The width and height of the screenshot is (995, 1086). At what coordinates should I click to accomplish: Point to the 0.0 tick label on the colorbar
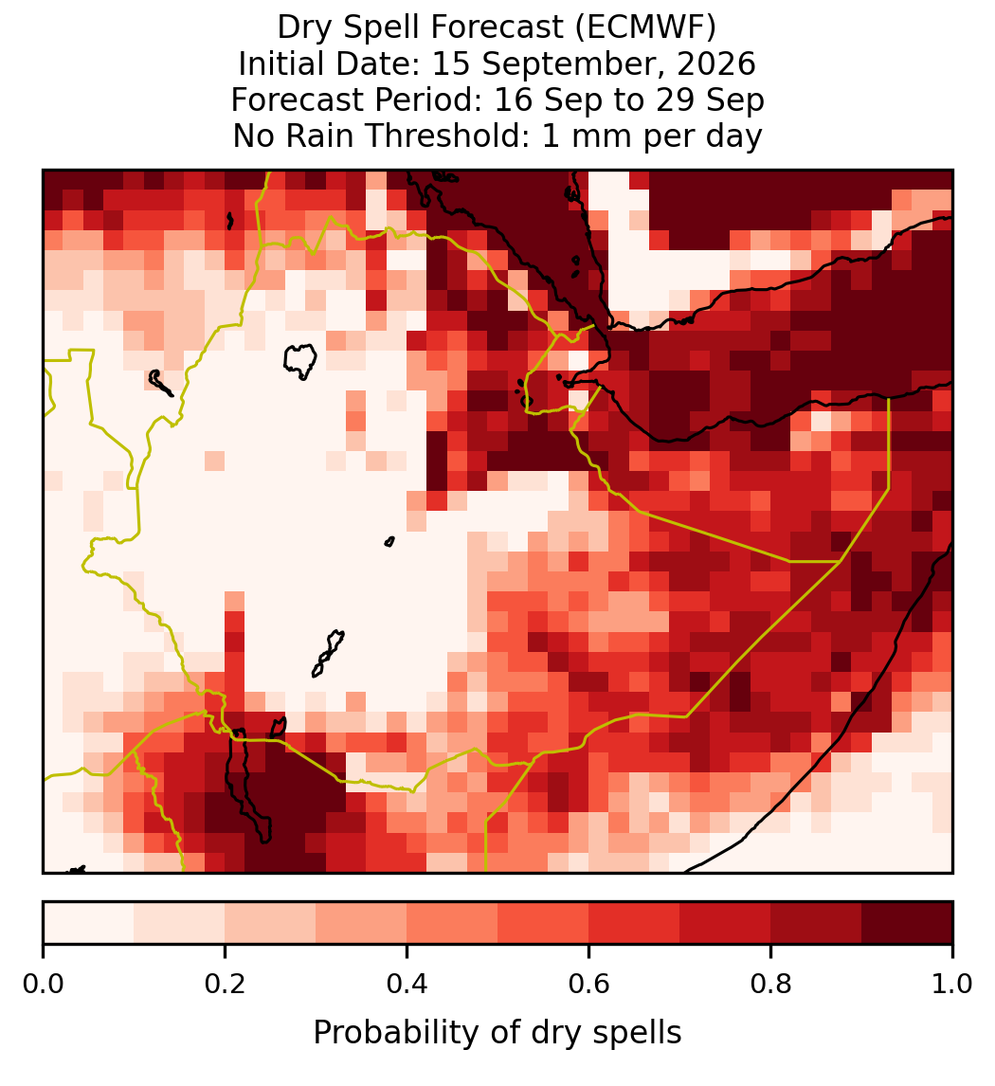tap(43, 984)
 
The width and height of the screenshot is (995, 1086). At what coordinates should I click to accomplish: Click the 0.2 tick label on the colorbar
tap(225, 984)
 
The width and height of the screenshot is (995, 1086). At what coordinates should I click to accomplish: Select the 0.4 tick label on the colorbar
tap(407, 984)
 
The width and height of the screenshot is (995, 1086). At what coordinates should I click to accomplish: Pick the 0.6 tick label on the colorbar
tap(589, 984)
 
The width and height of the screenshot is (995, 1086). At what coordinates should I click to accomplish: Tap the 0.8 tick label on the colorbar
tap(770, 984)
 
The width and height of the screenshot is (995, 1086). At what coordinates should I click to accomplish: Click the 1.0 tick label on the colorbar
tap(952, 984)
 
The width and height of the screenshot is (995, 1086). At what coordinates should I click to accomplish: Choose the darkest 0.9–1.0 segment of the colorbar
tap(907, 923)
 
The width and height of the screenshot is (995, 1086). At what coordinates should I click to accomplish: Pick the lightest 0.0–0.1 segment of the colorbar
tap(89, 923)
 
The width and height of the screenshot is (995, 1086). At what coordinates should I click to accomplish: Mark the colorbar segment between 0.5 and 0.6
tap(544, 923)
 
